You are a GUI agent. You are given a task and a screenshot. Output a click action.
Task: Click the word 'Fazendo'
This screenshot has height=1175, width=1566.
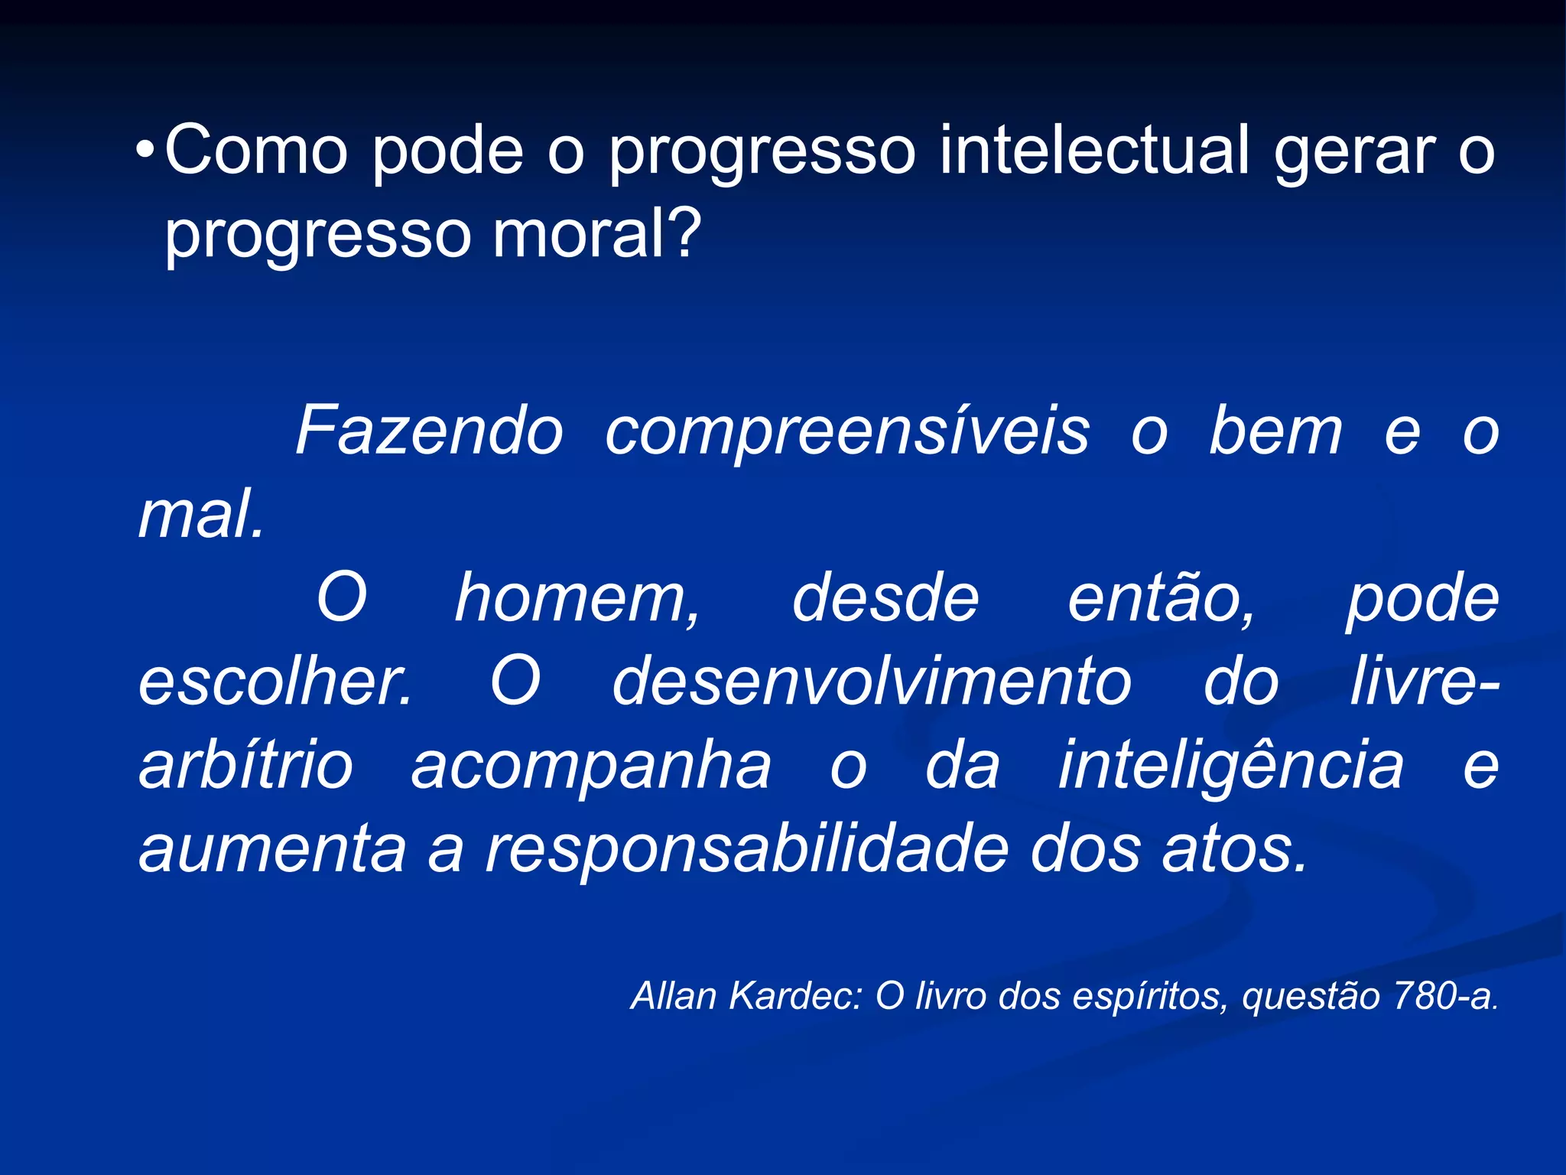pos(430,431)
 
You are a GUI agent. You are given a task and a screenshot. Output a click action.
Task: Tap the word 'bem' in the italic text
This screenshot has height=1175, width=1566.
pos(1275,431)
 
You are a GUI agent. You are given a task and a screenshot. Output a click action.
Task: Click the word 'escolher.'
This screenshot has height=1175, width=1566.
pos(275,681)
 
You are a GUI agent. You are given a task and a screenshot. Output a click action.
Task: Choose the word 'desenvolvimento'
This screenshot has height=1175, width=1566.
pos(872,681)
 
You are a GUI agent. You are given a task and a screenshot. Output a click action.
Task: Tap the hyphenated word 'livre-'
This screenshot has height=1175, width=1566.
pos(1424,681)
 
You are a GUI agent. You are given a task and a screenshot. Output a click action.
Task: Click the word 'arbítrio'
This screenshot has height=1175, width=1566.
pos(246,765)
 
